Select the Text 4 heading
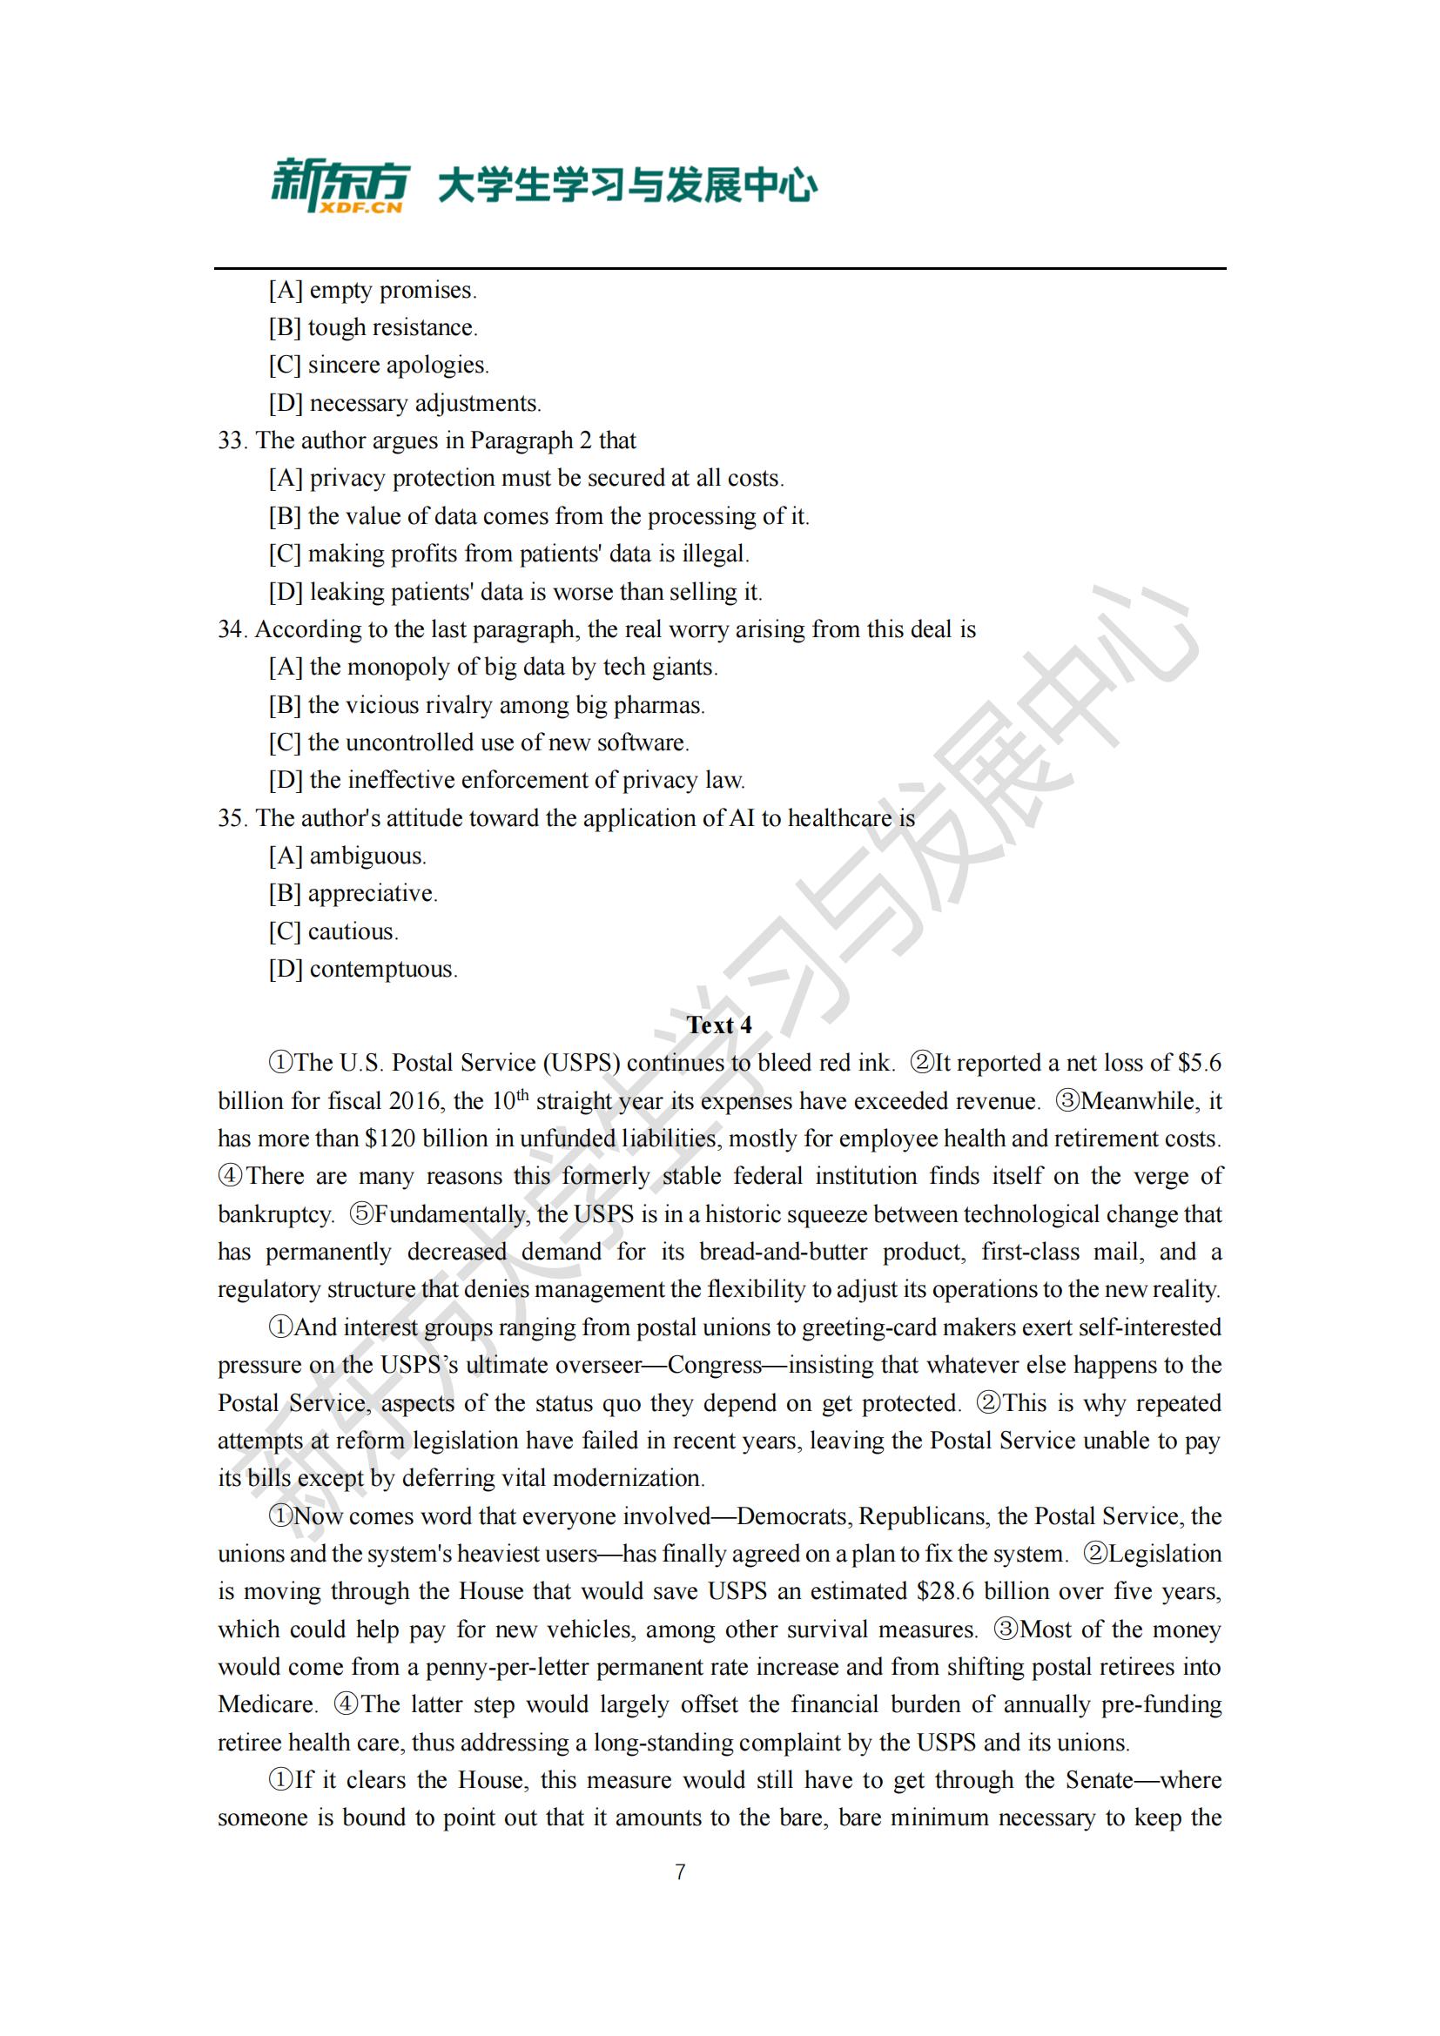coord(719,1025)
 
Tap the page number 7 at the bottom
coord(680,1872)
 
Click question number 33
coord(232,440)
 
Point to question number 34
coord(232,629)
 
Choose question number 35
coord(232,818)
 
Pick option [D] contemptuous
coord(364,969)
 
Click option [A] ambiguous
coord(347,856)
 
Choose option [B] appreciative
coord(353,894)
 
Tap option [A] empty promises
coord(373,290)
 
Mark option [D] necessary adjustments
coord(404,404)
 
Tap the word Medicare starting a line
coord(267,1704)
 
